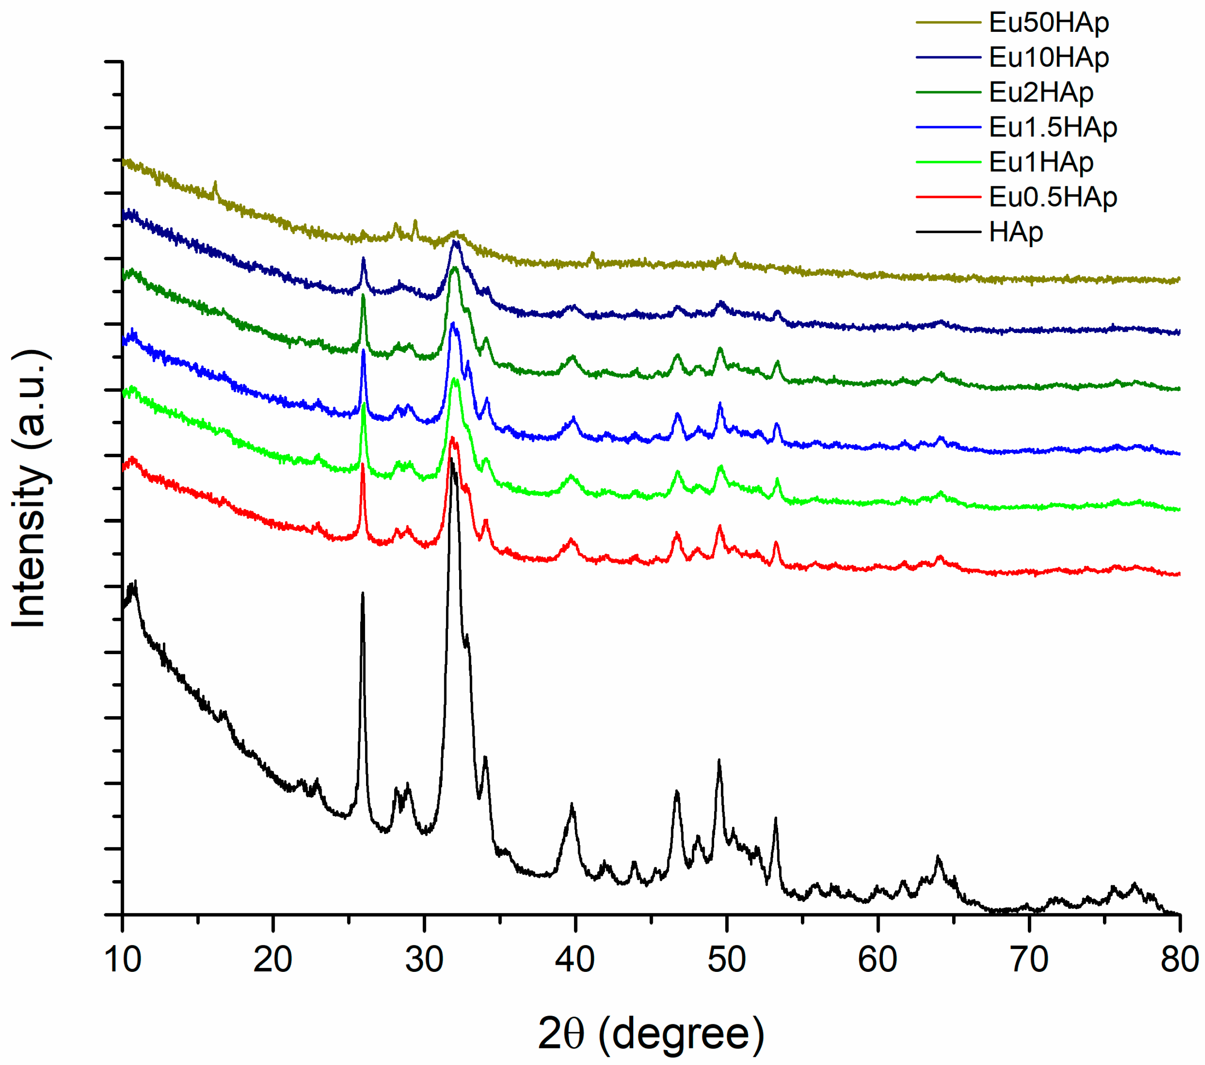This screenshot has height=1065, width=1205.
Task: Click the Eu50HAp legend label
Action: tap(1048, 22)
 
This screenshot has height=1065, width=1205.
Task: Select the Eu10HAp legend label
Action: tap(1048, 57)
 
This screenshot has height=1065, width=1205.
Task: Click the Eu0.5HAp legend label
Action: tap(1052, 197)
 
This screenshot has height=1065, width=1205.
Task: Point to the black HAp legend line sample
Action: tap(948, 232)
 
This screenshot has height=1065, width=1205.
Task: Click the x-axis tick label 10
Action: tap(123, 959)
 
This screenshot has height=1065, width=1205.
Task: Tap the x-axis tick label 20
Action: tap(273, 959)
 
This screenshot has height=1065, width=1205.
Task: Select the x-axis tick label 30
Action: tap(424, 959)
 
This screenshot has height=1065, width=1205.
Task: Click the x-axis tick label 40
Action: tap(575, 959)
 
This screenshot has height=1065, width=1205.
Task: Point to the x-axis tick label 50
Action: tap(726, 959)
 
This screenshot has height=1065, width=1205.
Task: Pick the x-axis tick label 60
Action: tap(877, 959)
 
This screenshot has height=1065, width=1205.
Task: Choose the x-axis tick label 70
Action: tap(1029, 959)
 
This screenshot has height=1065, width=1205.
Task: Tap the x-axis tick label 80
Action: tap(1179, 959)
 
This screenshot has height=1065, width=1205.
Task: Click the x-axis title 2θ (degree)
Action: tap(651, 1034)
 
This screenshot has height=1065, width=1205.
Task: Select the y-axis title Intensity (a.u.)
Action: tap(30, 489)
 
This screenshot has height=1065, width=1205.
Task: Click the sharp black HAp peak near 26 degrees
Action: tap(362, 594)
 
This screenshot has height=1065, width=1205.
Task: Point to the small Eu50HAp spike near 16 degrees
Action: tap(215, 184)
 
